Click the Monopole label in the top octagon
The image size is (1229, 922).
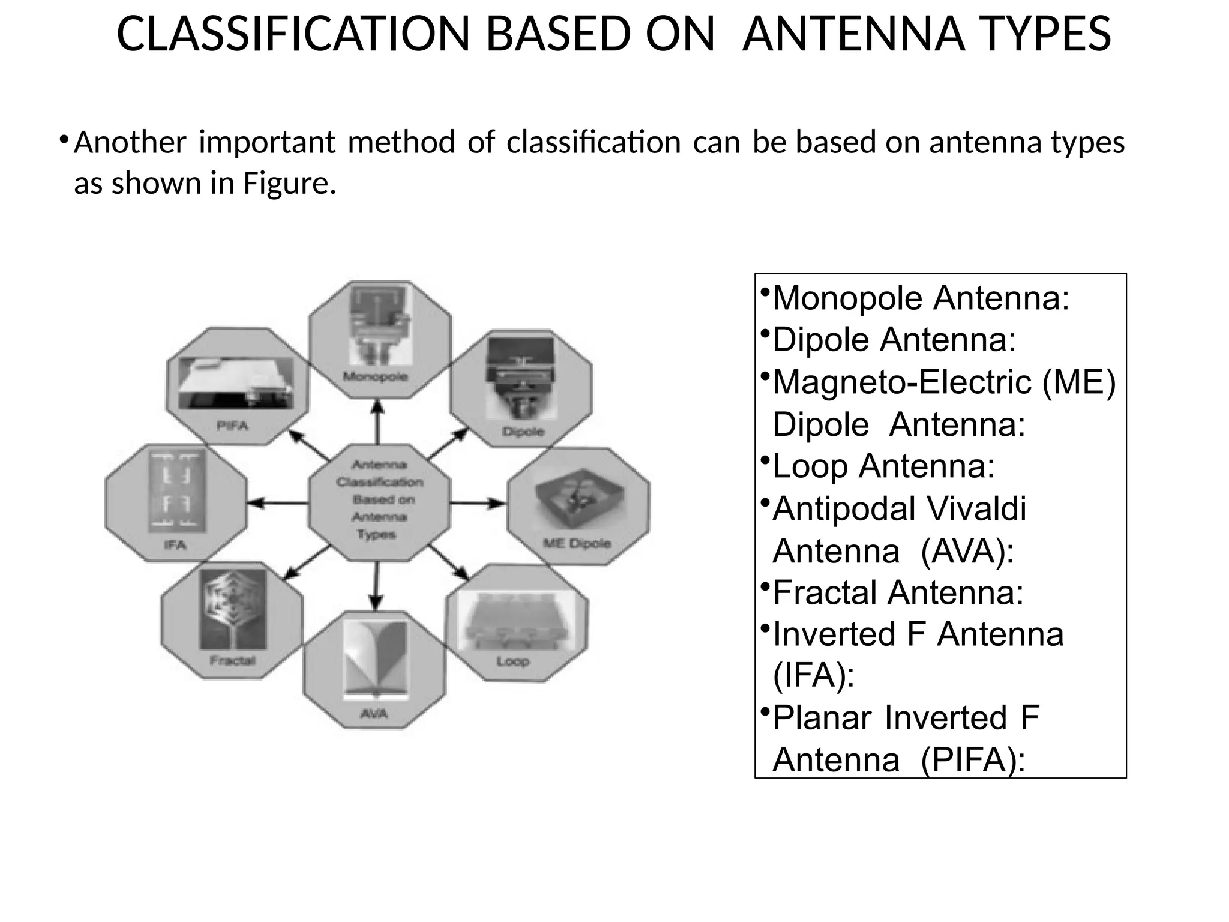pyautogui.click(x=376, y=377)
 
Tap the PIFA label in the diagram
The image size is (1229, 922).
pyautogui.click(x=232, y=426)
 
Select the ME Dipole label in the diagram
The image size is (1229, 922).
pyautogui.click(x=577, y=543)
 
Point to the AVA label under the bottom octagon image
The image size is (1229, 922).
pyautogui.click(x=374, y=713)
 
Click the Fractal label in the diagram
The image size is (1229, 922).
pyautogui.click(x=232, y=661)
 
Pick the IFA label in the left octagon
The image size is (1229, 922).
pyautogui.click(x=175, y=545)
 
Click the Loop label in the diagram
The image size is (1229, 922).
pyautogui.click(x=513, y=661)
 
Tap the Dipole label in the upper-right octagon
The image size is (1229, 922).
pyautogui.click(x=523, y=432)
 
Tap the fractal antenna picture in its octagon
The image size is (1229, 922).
pyautogui.click(x=233, y=609)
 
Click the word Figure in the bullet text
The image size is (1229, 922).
pyautogui.click(x=289, y=183)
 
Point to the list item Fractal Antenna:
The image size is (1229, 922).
pyautogui.click(x=898, y=592)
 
